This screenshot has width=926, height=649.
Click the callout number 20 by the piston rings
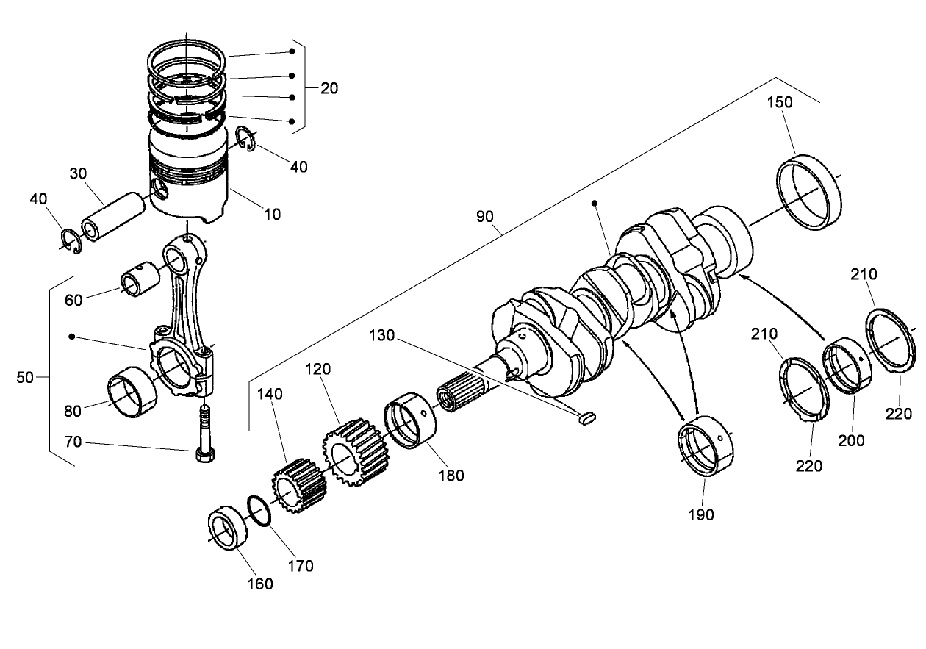coord(329,88)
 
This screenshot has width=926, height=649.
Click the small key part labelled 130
coord(585,419)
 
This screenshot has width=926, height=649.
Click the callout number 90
coord(485,218)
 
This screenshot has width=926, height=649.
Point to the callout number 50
coord(24,377)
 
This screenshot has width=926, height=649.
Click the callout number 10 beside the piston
coord(272,215)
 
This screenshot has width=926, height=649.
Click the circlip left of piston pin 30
coord(71,241)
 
